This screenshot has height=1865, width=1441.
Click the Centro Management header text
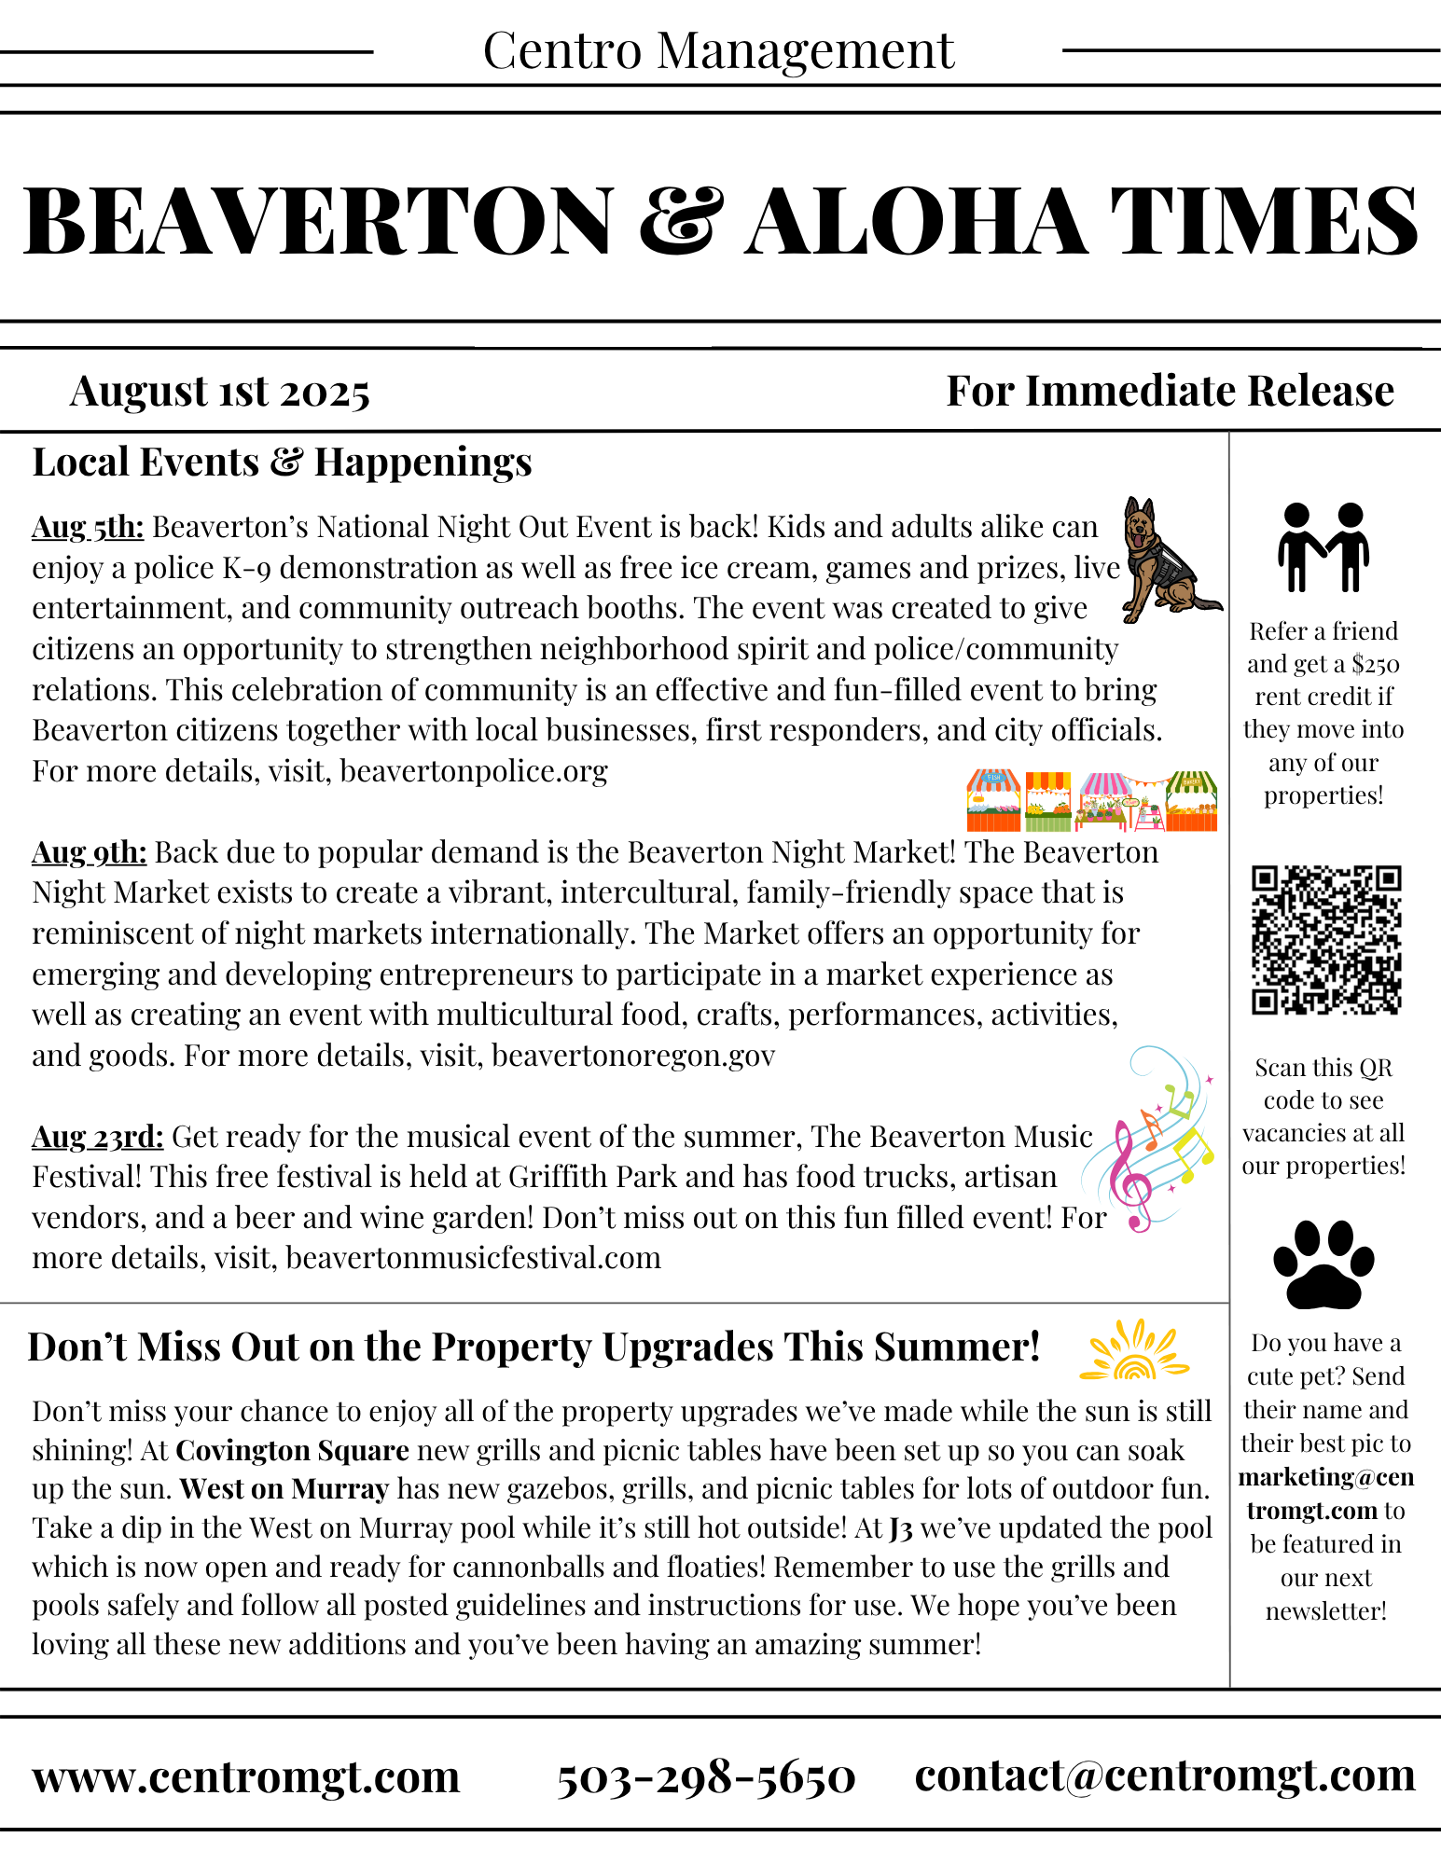click(x=718, y=51)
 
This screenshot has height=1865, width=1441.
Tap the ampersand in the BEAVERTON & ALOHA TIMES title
click(x=681, y=221)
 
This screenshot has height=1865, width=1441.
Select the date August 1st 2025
click(x=219, y=392)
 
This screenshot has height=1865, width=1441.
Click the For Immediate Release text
click(x=1170, y=392)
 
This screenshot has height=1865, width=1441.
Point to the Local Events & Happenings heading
click(x=282, y=463)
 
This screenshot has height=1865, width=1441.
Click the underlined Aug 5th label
click(x=88, y=528)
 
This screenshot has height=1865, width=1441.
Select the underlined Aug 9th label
click(x=90, y=852)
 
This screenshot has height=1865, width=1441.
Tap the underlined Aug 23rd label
click(x=98, y=1137)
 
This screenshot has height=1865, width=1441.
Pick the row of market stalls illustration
click(x=1091, y=801)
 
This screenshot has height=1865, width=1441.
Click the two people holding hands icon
click(x=1323, y=547)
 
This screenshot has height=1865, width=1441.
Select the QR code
click(x=1325, y=940)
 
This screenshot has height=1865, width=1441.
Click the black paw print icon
click(x=1323, y=1265)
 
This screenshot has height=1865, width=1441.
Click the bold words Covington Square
click(x=292, y=1451)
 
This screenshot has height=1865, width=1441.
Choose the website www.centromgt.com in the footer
click(x=246, y=1776)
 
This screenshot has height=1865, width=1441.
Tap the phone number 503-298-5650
click(x=706, y=1776)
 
